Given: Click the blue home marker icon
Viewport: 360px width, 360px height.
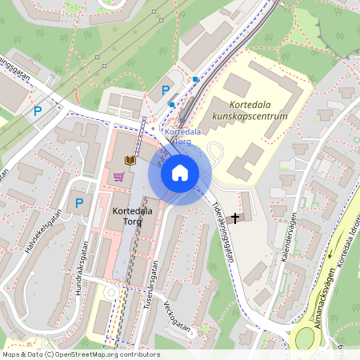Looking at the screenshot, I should click(x=179, y=173).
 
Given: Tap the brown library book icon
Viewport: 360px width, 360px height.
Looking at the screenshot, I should click(x=130, y=160).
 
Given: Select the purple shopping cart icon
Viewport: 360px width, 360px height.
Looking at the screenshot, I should click(x=118, y=175).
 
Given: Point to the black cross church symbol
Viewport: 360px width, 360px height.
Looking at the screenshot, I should click(x=235, y=217).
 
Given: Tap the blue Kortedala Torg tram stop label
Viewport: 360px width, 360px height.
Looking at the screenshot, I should click(x=182, y=136).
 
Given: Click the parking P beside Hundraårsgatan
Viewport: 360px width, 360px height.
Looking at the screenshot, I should click(x=78, y=203).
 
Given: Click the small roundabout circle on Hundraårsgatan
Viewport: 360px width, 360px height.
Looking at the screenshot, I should click(x=110, y=292).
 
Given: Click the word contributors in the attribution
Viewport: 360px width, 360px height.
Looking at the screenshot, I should click(x=135, y=354).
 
